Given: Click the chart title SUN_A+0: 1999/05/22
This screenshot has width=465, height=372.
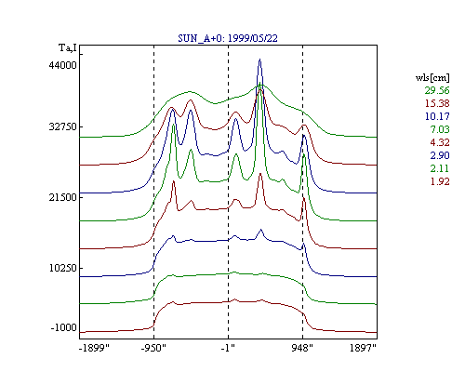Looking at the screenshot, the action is tap(228, 38).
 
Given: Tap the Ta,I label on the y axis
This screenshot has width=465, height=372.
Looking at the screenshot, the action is tap(68, 48).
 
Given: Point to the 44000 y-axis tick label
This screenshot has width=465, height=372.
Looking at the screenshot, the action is tap(62, 65).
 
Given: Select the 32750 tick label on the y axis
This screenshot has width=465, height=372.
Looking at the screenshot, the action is tap(62, 126).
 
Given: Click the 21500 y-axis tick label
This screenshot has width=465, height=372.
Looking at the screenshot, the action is tap(62, 197).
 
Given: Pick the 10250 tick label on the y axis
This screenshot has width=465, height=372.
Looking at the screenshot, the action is tap(62, 268).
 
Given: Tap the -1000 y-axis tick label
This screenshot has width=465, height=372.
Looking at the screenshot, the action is tap(63, 327).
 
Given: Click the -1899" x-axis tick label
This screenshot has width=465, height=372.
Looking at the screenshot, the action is tap(95, 348).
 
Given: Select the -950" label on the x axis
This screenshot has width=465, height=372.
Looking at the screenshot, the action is tap(153, 348).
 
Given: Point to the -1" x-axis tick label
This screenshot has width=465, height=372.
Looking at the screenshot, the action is tap(228, 348).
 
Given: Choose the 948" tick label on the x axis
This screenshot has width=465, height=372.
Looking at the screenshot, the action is tap(302, 348).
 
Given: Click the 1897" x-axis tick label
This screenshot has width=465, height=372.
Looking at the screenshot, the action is tap(363, 348).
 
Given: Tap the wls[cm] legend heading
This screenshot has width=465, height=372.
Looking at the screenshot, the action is tap(432, 77).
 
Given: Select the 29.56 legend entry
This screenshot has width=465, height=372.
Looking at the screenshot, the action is tap(437, 90).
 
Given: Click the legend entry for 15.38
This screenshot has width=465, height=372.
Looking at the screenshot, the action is tap(437, 103).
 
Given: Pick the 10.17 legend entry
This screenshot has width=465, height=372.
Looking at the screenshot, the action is tap(437, 116).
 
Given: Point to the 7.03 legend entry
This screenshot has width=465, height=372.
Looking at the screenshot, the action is tap(440, 129).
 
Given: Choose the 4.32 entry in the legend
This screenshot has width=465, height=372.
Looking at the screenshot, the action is tap(440, 142).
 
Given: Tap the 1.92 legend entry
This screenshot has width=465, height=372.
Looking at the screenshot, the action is tap(440, 181).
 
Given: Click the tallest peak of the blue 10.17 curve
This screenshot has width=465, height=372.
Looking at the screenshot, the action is tap(259, 60).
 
